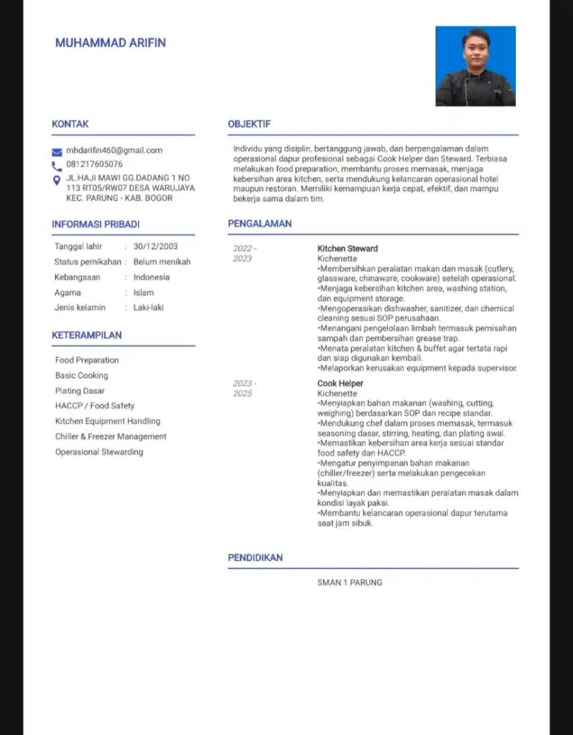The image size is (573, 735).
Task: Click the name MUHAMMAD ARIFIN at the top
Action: [x=110, y=43]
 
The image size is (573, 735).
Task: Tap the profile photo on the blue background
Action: [x=475, y=67]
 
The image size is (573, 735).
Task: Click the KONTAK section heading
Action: [x=70, y=124]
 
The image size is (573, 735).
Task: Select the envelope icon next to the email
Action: [x=57, y=151]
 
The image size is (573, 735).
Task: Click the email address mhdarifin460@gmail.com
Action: [x=114, y=151]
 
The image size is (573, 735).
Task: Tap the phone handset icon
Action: [x=57, y=165]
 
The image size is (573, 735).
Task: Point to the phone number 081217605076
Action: [x=94, y=165]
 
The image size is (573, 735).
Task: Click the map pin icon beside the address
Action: [x=57, y=181]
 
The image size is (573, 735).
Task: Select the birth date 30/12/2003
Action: [x=155, y=246]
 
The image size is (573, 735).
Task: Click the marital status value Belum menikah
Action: [x=162, y=262]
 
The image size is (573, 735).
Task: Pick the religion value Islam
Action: [x=143, y=293]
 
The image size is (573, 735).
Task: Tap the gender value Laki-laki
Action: [x=148, y=308]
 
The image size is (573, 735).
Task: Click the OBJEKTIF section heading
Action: [x=249, y=124]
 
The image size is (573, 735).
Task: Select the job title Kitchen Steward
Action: [x=347, y=248]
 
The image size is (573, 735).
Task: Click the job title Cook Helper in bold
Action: [x=340, y=384]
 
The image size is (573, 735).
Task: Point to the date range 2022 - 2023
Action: [x=244, y=254]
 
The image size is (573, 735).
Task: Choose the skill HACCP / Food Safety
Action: [x=95, y=406]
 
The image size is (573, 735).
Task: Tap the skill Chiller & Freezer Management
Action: [x=110, y=437]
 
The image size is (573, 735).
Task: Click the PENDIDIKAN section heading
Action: [x=255, y=558]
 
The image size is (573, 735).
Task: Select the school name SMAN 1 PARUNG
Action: [x=350, y=583]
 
